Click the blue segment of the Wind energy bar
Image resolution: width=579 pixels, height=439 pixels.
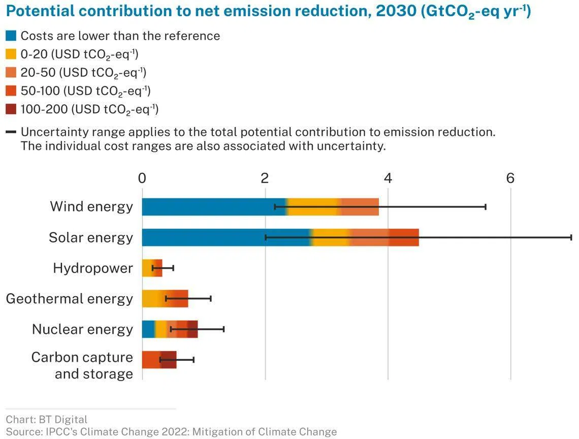[x=213, y=207]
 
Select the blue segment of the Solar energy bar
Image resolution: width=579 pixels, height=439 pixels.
[x=226, y=237]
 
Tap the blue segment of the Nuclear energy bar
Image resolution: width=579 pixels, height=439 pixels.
[x=148, y=329]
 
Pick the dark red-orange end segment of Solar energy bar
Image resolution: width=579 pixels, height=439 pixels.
[x=404, y=237]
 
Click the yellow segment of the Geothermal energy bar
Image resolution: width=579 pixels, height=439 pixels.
[x=153, y=299]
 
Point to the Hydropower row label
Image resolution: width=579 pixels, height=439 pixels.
[x=93, y=268]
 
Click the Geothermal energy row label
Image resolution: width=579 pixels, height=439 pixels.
[x=70, y=299]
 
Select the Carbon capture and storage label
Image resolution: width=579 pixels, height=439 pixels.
[x=82, y=365]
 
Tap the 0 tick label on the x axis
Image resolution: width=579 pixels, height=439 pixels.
[x=142, y=178]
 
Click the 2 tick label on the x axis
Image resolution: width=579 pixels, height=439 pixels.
[x=265, y=178]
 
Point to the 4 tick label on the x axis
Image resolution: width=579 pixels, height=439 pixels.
[x=388, y=178]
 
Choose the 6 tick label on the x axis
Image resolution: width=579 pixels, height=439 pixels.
[x=510, y=178]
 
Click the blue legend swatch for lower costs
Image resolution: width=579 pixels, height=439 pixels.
[x=11, y=36]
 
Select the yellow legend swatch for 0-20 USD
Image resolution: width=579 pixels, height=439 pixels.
[x=11, y=54]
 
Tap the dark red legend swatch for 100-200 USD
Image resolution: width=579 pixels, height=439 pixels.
[x=11, y=109]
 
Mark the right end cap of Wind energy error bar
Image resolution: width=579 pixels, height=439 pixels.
[x=486, y=207]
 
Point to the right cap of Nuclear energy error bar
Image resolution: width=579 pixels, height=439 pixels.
[x=223, y=329]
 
